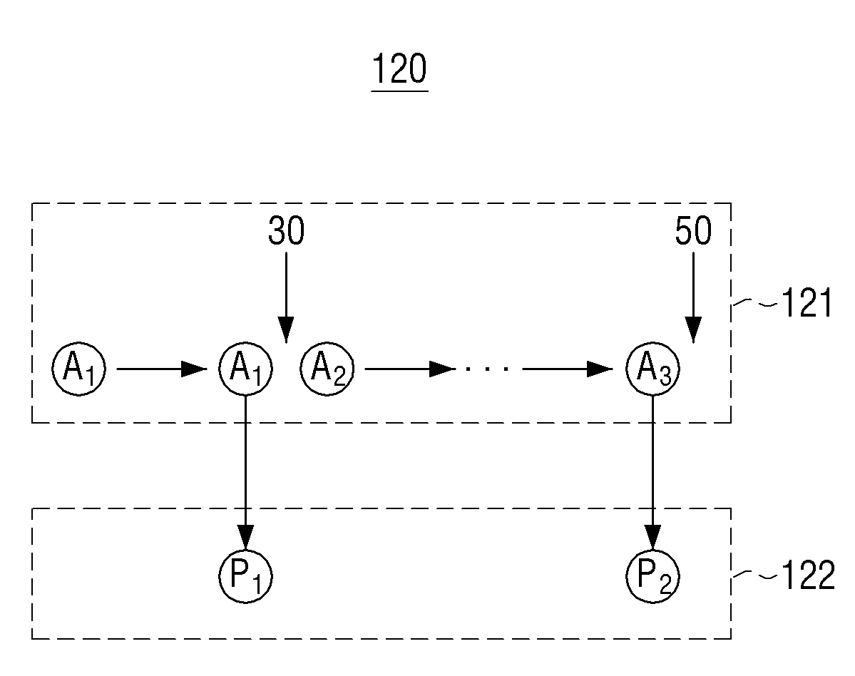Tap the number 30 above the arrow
(286, 230)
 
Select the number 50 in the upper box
(693, 230)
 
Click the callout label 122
(808, 575)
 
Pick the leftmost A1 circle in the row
(78, 369)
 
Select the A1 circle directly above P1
(245, 369)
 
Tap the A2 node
(327, 369)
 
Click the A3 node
(652, 369)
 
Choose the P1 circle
(245, 576)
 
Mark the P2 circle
(652, 576)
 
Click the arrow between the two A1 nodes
(162, 369)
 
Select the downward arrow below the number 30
(286, 297)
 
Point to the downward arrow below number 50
(693, 297)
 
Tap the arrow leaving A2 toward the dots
(409, 369)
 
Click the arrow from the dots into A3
(568, 369)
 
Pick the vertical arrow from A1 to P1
(245, 473)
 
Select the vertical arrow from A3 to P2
(652, 473)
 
